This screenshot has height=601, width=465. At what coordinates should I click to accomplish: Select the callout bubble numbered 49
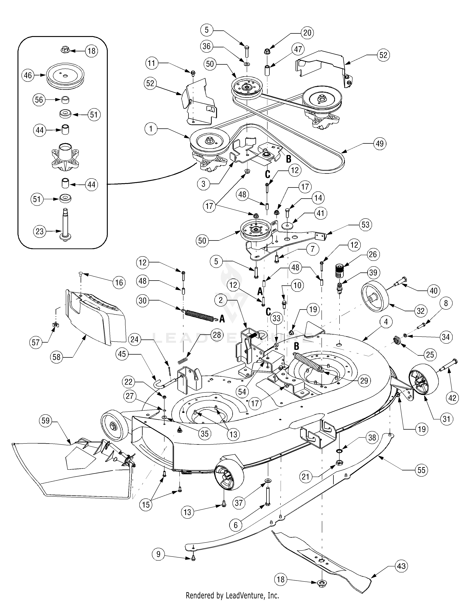coord(380,144)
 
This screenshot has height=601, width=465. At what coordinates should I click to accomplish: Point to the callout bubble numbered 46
coord(28,75)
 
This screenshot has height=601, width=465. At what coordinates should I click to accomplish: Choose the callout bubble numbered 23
coord(40,231)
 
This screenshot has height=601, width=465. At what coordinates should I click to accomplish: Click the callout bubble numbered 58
coord(57,357)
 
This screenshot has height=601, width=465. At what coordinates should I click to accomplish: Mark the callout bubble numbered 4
coord(386,321)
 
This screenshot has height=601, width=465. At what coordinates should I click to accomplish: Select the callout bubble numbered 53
coord(365,225)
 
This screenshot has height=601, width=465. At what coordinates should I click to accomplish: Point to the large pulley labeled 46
coord(65,75)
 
